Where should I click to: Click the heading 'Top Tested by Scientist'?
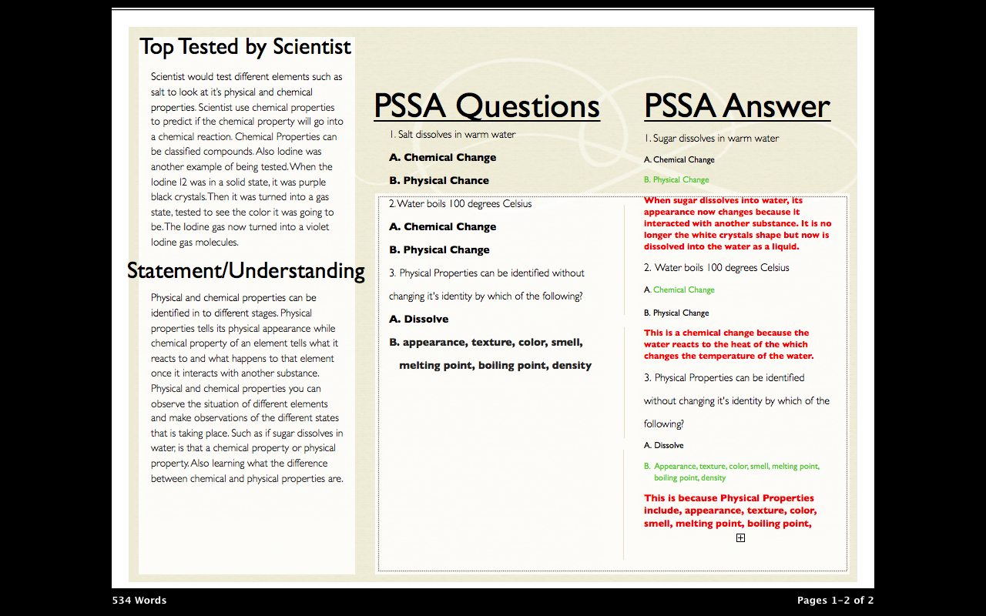[x=245, y=48]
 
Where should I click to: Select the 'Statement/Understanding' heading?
[x=246, y=271]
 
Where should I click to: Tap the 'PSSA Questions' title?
[x=486, y=106]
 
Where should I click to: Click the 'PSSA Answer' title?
[x=736, y=106]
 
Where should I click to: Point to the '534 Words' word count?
[x=139, y=601]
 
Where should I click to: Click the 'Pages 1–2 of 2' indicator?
[x=835, y=601]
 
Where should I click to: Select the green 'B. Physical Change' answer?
[x=676, y=180]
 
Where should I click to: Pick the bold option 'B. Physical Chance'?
[x=439, y=181]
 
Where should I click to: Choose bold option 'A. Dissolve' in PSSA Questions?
[x=418, y=320]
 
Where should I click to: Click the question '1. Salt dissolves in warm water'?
[x=452, y=135]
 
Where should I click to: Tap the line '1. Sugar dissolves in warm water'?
[x=712, y=139]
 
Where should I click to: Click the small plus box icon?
[x=740, y=538]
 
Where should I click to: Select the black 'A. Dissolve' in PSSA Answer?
[x=664, y=446]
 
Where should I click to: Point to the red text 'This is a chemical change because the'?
[x=726, y=333]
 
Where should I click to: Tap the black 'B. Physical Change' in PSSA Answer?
[x=676, y=313]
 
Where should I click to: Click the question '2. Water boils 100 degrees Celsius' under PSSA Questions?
[x=460, y=204]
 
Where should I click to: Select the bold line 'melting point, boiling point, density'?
[x=495, y=366]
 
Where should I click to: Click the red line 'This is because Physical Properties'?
[x=729, y=498]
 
